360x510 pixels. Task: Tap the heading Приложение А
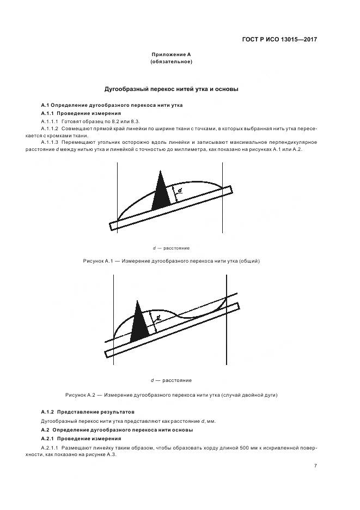[x=171, y=54]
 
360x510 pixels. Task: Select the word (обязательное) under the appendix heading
[x=171, y=62]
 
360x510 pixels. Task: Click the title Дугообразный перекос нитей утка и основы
[x=171, y=89]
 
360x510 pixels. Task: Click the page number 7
[x=315, y=465]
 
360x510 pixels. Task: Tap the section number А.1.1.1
[x=50, y=120]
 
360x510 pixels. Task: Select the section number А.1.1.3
[x=50, y=142]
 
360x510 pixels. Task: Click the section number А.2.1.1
[x=50, y=447]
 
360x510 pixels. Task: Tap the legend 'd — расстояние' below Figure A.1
[x=171, y=248]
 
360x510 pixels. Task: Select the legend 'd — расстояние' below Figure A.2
[x=171, y=380]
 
